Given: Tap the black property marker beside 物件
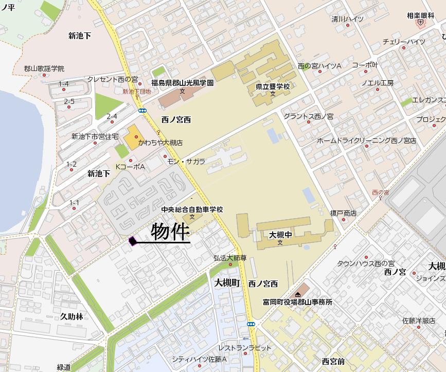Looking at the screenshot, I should point(132,240).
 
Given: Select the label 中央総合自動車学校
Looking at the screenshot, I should point(192,209).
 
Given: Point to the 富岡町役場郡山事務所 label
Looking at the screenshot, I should point(297,302).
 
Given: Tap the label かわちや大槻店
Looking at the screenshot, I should point(160,143).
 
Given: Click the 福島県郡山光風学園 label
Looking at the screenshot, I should point(182,82).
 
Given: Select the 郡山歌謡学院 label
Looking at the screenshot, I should point(44,68).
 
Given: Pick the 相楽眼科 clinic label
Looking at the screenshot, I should point(420,15).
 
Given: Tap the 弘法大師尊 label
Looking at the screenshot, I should point(230,258).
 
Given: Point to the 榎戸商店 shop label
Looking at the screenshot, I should point(343,213).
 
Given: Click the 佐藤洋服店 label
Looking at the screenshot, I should point(418,320).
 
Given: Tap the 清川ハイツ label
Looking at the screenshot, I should point(347,19).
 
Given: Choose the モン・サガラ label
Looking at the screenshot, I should point(186,161).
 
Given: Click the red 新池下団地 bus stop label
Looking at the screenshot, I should point(136,92).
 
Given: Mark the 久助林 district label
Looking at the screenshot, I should point(72,316).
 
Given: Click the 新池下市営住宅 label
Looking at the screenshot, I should point(95,136).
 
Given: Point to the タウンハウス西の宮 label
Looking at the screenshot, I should point(365,263).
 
